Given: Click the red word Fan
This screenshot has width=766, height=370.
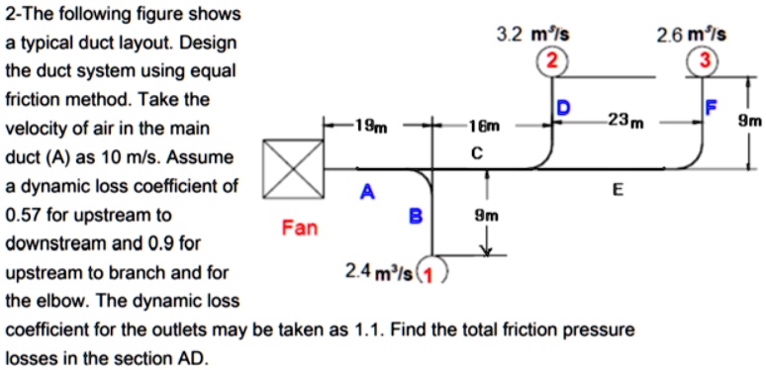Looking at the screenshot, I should tap(300, 229).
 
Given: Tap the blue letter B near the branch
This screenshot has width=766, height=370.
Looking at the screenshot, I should tap(416, 214).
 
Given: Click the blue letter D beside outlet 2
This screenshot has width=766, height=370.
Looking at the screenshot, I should tap(563, 106).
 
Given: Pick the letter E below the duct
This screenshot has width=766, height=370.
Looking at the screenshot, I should tap(619, 190).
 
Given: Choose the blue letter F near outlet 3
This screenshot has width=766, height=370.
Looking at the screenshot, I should tap(707, 106).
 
